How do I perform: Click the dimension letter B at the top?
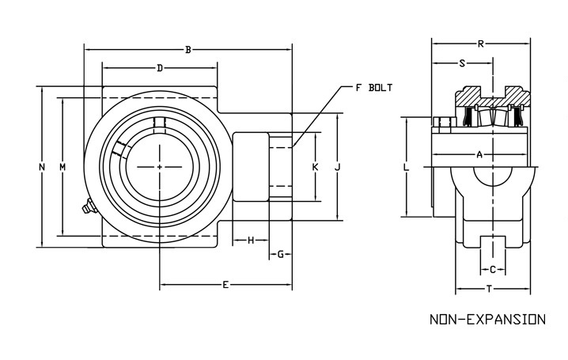tap(187, 51)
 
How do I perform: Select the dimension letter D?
tap(160, 69)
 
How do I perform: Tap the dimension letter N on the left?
tap(42, 167)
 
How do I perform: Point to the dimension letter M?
tap(62, 167)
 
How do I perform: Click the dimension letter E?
tap(225, 284)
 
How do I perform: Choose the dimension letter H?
tap(251, 240)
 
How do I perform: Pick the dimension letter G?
tap(280, 254)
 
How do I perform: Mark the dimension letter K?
tap(315, 168)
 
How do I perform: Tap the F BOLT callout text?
tap(373, 87)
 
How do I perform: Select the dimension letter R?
tap(481, 44)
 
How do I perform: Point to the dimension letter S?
tap(462, 63)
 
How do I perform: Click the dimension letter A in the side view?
tap(479, 154)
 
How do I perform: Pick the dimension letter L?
tap(405, 168)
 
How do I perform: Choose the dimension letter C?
tap(492, 270)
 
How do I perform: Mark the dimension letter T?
tap(490, 289)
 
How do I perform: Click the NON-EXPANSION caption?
tap(487, 320)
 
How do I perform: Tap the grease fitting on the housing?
tap(86, 208)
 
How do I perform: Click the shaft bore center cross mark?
tap(160, 167)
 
